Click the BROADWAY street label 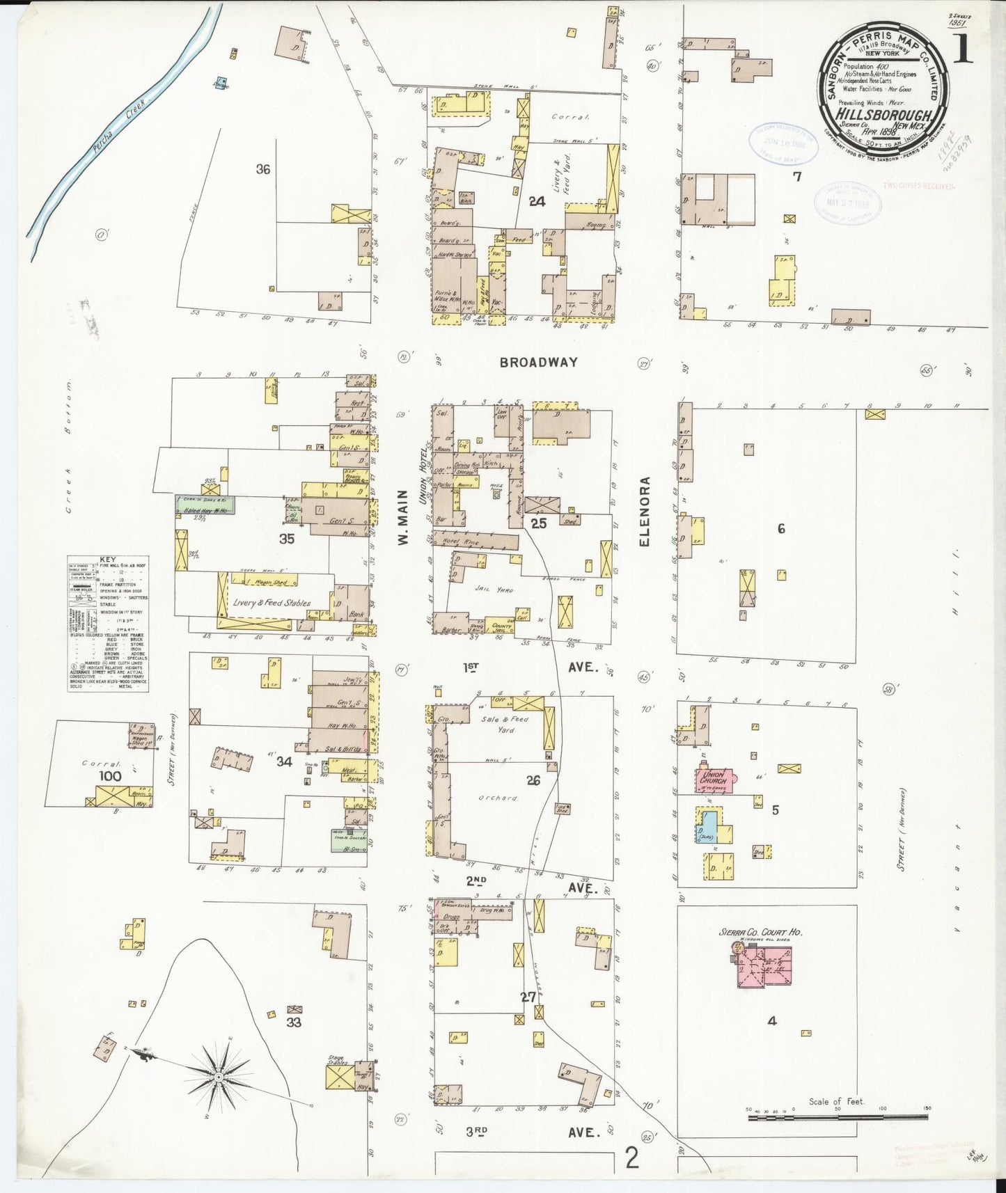pos(539,362)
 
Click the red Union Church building pos(714,779)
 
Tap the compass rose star pos(219,1077)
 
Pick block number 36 pos(262,169)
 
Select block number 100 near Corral pos(110,775)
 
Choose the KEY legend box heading pos(108,559)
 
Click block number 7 pos(797,177)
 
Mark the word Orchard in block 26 pos(499,798)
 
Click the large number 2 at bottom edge pos(631,1158)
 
